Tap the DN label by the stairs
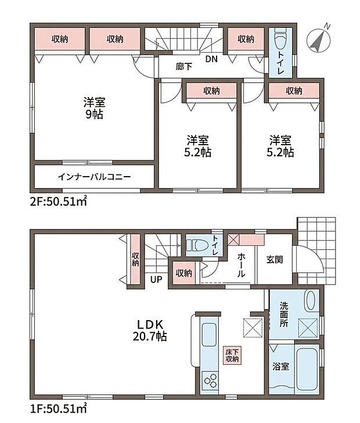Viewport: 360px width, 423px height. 211,59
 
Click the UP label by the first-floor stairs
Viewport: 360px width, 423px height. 156,279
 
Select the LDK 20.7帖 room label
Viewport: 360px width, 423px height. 150,330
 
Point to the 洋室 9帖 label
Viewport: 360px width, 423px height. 94,108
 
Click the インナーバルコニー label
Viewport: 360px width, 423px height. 95,177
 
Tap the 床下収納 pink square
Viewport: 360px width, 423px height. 232,355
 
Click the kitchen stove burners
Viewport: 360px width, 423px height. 211,379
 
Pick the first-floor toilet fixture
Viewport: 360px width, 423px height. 197,245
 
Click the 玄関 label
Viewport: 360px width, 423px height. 275,260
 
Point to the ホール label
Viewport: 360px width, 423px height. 241,265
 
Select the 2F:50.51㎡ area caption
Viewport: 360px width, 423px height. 58,201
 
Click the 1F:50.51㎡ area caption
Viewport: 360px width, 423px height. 58,408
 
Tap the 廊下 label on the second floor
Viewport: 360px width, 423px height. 184,66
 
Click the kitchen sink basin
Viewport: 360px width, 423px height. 209,335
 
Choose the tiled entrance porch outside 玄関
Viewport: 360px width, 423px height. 317,250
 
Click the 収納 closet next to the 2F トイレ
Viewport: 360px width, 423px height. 246,39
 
